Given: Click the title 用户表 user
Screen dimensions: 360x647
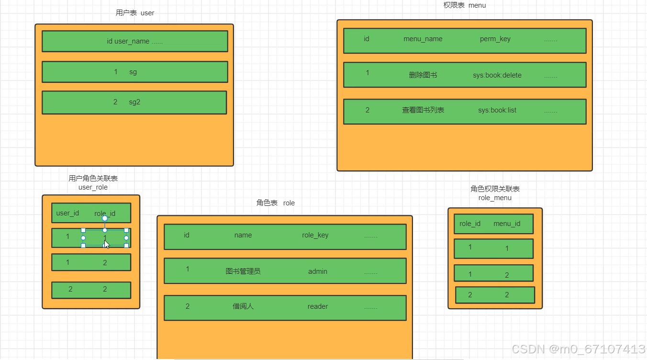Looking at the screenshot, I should (x=135, y=13).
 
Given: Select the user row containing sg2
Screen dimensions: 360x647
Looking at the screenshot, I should (x=134, y=102).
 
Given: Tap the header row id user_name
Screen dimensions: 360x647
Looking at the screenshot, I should (x=134, y=41).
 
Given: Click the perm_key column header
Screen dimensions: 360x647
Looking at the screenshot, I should (x=495, y=39).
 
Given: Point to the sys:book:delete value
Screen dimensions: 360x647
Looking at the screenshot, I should (x=497, y=75).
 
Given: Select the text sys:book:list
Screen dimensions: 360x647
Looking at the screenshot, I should (x=497, y=110).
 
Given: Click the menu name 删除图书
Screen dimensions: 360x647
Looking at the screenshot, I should (x=423, y=75).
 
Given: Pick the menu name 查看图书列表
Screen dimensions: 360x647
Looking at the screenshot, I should (x=423, y=110).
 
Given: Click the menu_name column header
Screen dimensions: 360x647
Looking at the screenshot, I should (x=423, y=39).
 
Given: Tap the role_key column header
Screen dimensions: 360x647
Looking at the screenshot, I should (x=315, y=235).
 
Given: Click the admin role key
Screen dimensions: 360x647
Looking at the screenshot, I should (x=317, y=271).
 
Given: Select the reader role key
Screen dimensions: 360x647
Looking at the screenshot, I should (x=317, y=306).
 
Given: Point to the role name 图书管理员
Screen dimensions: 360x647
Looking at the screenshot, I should (x=243, y=271).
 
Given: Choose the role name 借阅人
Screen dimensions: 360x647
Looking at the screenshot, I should (x=243, y=306).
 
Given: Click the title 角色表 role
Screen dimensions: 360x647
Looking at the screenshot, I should (x=275, y=203).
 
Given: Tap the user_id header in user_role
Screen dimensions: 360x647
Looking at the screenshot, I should (x=67, y=213).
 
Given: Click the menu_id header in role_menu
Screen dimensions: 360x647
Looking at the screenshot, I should (x=506, y=224).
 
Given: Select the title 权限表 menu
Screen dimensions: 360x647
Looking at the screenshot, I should (x=464, y=5).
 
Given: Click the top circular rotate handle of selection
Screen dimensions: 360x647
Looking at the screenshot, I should (x=105, y=218).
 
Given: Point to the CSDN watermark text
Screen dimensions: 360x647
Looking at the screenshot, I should (x=578, y=349).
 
